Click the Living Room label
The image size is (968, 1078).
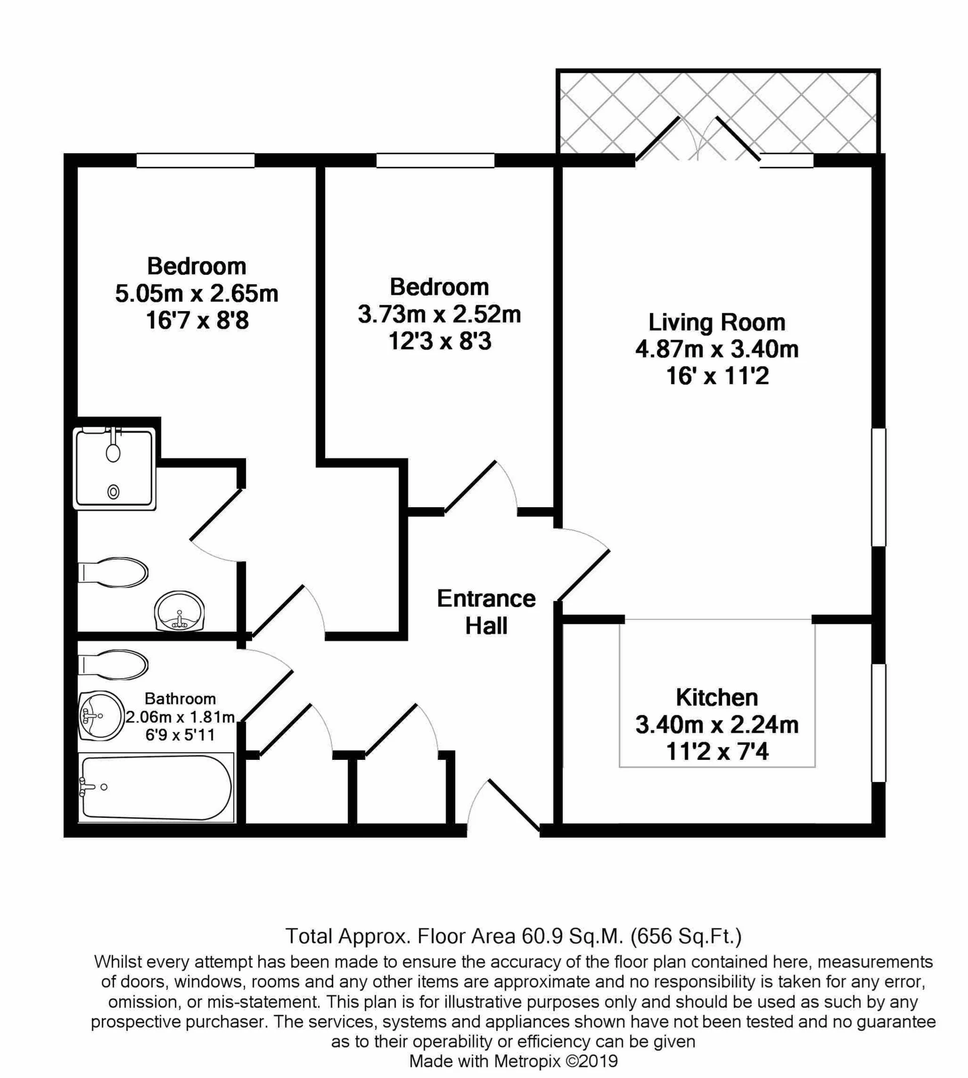[x=716, y=323]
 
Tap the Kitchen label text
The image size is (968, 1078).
[x=716, y=698]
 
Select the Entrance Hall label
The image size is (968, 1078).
[x=486, y=612]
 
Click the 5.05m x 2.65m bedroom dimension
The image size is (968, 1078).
[x=196, y=293]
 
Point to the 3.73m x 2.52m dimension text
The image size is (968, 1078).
[x=439, y=314]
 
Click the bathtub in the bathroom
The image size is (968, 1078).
[x=155, y=788]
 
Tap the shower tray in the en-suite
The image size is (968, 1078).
[x=114, y=468]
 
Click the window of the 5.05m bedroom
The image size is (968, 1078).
[x=195, y=160]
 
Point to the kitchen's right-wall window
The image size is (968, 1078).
[x=878, y=723]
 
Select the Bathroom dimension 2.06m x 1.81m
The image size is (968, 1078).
[x=180, y=717]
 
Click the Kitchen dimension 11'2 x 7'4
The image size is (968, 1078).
[x=716, y=752]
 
